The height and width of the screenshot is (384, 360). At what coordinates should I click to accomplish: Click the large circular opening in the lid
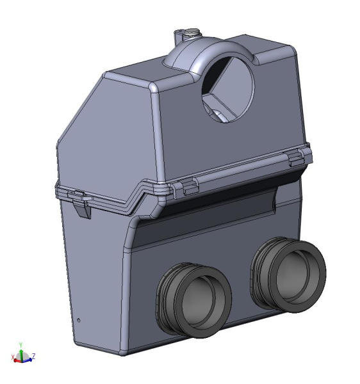228,90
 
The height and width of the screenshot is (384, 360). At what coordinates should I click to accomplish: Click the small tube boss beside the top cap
179,36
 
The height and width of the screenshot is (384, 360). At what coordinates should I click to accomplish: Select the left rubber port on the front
193,300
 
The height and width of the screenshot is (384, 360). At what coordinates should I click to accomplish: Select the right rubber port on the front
288,275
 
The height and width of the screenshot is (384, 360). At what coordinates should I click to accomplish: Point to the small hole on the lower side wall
79,320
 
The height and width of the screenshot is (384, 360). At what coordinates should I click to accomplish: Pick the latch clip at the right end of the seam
295,159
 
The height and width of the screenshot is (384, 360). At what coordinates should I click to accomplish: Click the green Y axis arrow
22,353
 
